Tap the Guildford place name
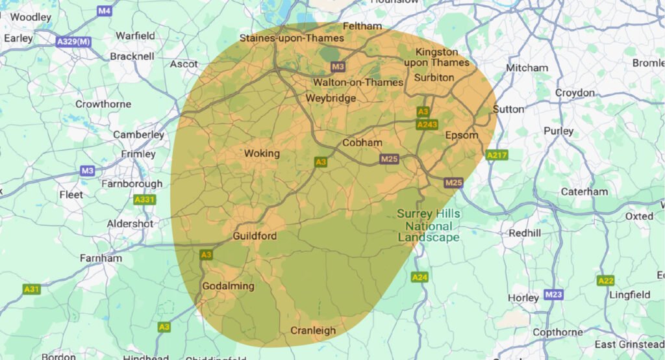255,235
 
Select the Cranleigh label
313,331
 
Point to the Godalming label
228,286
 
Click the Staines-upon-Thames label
292,38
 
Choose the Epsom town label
462,135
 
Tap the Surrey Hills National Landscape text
429,225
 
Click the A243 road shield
427,124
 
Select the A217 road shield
496,155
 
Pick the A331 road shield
145,200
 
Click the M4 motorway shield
104,11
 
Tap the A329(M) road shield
72,42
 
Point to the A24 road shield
420,277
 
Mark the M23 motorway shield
554,295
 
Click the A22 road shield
605,281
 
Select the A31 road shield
31,289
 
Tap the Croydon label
575,93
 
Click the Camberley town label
138,135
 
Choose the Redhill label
525,233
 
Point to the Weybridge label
331,98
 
